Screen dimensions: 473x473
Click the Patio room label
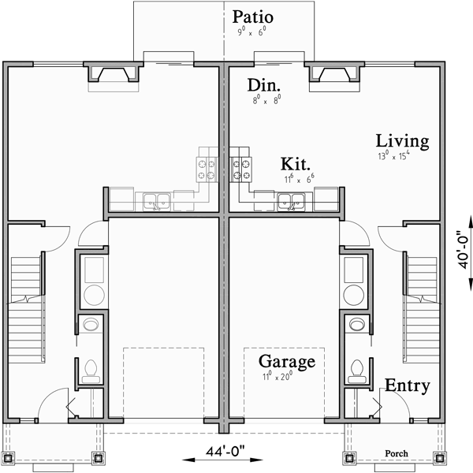(253, 17)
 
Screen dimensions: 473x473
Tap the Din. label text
(266, 86)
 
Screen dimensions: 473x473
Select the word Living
(402, 142)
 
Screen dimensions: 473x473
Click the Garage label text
(287, 363)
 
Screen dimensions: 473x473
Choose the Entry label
(408, 386)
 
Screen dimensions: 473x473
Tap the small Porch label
(397, 454)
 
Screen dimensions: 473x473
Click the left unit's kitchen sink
(156, 202)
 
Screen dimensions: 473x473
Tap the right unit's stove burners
(244, 167)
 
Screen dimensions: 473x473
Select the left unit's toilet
(91, 368)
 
